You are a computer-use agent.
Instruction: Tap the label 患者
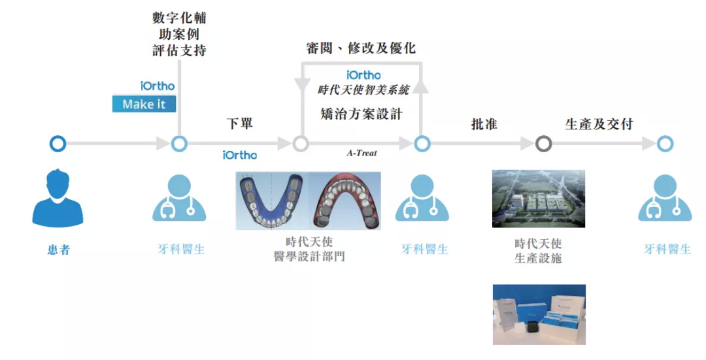(58, 249)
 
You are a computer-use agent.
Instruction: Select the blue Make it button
(144, 104)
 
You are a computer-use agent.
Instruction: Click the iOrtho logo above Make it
(158, 85)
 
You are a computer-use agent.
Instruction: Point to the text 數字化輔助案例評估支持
(179, 34)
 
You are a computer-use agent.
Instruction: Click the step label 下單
(240, 124)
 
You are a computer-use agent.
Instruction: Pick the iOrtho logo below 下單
(239, 155)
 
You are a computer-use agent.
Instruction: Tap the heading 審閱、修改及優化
(360, 48)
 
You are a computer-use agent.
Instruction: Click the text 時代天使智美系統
(363, 90)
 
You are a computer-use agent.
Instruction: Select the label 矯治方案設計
(361, 113)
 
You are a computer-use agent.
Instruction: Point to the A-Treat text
(361, 154)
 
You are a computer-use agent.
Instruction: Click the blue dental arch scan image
(272, 200)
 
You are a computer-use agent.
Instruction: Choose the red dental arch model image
(345, 200)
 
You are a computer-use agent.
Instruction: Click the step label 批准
(484, 124)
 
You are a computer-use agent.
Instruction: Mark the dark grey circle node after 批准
(543, 144)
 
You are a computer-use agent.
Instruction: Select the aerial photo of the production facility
(539, 199)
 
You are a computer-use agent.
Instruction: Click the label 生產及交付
(599, 124)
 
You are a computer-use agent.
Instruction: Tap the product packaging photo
(539, 314)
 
